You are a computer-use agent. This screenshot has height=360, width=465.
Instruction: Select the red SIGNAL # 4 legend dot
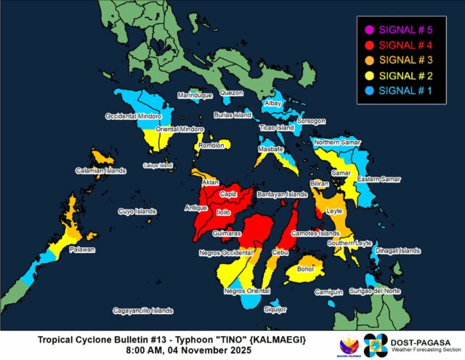click(x=369, y=45)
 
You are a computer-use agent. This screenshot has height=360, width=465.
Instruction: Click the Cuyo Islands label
click(x=137, y=212)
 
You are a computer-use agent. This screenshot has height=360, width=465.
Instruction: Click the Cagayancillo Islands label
click(x=142, y=311)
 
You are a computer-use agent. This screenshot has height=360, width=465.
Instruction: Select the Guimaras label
click(x=227, y=233)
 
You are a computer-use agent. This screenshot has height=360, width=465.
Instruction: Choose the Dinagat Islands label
click(x=398, y=252)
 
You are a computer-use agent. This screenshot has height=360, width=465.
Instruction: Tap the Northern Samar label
click(x=337, y=143)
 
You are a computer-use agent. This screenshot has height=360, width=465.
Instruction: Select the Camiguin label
click(x=328, y=292)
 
